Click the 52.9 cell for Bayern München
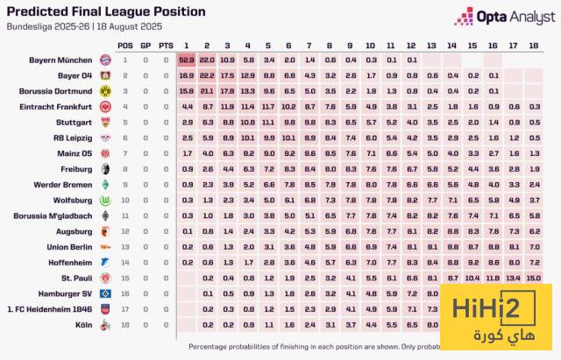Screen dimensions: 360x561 (x=186, y=60)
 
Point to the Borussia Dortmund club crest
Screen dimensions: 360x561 (x=105, y=90)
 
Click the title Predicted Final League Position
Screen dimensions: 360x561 (x=106, y=11)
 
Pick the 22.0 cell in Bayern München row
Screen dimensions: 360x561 (x=207, y=60)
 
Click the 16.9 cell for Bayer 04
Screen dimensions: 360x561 (x=186, y=75)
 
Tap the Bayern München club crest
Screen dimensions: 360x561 (x=105, y=60)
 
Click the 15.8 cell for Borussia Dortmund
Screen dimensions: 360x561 (x=186, y=90)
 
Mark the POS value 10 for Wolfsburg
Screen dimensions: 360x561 (x=125, y=200)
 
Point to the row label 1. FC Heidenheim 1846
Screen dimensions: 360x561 (x=50, y=309)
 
